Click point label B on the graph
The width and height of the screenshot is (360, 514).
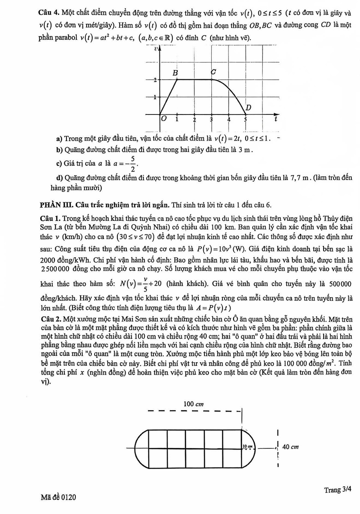[x=175, y=73]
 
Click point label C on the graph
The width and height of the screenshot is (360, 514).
[x=213, y=73]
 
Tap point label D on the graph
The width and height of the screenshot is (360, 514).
[x=248, y=108]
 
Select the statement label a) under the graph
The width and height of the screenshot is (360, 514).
[x=59, y=138]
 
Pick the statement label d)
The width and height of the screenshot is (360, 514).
[x=60, y=177]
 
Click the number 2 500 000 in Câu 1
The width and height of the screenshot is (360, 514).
[x=54, y=260]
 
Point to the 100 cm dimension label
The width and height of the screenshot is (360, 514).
[x=193, y=403]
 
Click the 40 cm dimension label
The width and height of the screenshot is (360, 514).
[x=291, y=447]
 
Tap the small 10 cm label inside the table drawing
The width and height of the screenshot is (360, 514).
[x=247, y=447]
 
